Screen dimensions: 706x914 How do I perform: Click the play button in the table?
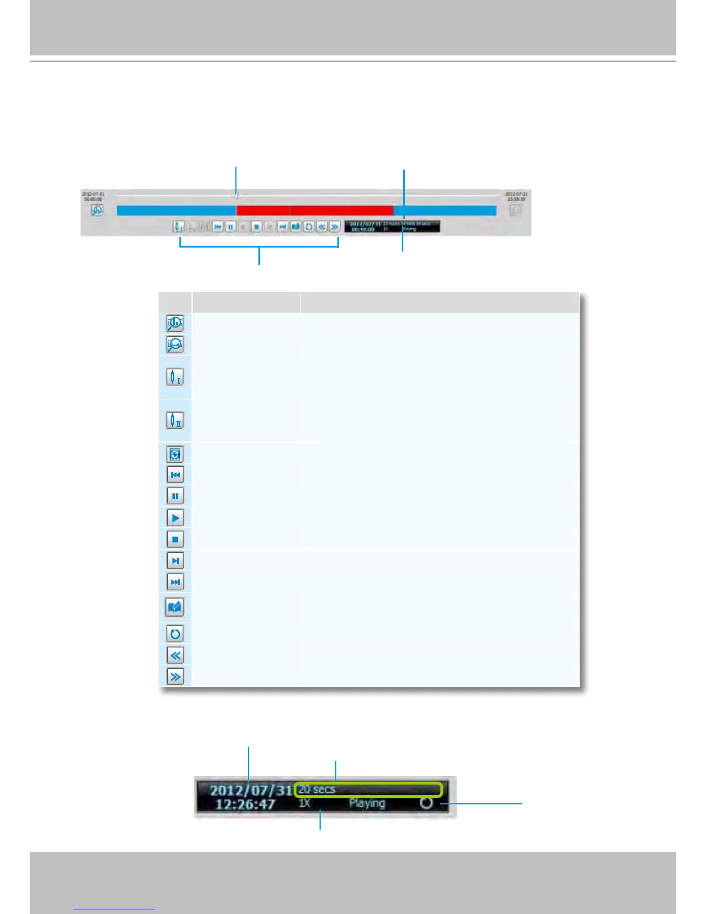click(x=175, y=518)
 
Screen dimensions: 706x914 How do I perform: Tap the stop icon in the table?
click(x=175, y=539)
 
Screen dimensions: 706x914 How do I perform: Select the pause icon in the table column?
click(x=175, y=496)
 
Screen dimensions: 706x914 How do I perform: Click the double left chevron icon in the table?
click(x=175, y=655)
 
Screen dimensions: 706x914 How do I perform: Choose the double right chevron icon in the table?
click(x=175, y=676)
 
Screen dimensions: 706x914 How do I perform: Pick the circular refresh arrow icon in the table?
click(x=175, y=634)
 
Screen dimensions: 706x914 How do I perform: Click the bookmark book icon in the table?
click(x=175, y=607)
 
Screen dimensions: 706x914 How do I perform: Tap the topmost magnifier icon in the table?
click(x=175, y=323)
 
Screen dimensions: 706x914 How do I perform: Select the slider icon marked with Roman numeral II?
click(x=175, y=420)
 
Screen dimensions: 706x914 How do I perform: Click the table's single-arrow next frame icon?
click(x=175, y=560)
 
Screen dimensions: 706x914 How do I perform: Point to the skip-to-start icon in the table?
click(x=175, y=475)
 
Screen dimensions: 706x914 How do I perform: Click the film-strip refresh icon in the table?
click(x=175, y=454)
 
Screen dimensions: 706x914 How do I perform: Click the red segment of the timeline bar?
click(x=314, y=211)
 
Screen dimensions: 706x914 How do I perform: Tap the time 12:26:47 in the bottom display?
click(x=245, y=804)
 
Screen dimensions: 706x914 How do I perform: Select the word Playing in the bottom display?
click(x=366, y=803)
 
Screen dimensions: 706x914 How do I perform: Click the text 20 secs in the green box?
click(x=317, y=789)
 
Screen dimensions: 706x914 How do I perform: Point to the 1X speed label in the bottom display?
click(x=305, y=803)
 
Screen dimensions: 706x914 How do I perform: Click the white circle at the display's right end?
click(x=426, y=803)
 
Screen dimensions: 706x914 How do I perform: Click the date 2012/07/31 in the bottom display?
click(x=251, y=790)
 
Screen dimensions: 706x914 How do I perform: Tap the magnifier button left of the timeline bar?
click(x=97, y=211)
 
